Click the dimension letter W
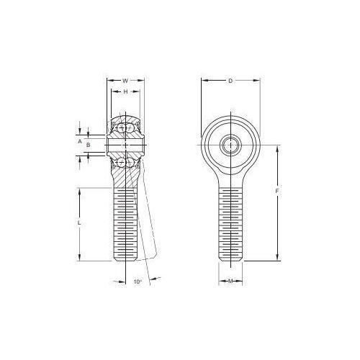tap(125, 81)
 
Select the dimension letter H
tap(125, 91)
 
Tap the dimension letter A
tap(80, 141)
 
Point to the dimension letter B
tap(89, 145)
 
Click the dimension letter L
tap(79, 222)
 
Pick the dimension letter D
tap(230, 81)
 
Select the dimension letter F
tap(277, 192)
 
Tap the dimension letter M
tap(230, 281)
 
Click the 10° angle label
tap(138, 282)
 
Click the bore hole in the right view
tap(230, 145)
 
